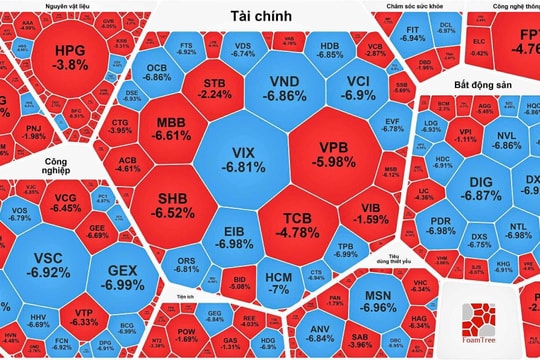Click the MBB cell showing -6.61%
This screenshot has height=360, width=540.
click(x=172, y=127)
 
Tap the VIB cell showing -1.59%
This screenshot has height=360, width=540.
click(x=378, y=211)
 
